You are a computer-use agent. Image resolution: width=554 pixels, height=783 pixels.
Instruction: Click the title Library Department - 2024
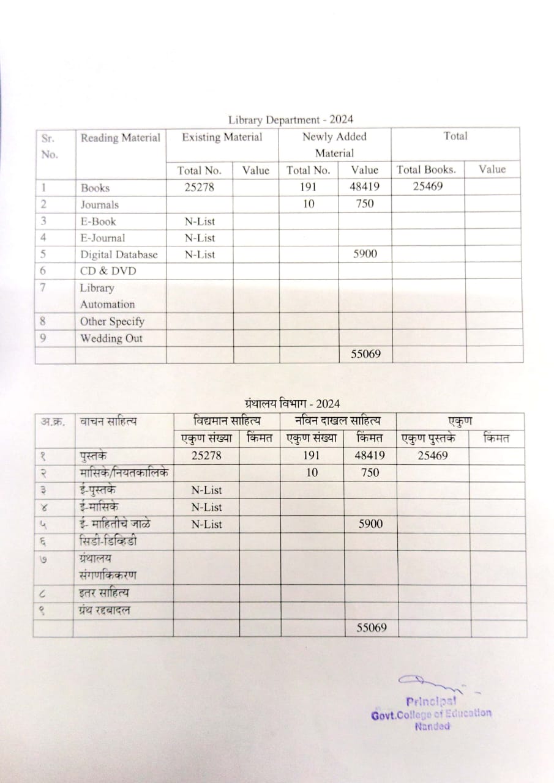pos(291,119)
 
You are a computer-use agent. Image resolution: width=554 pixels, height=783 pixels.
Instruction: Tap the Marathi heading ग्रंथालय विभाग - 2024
pos(291,404)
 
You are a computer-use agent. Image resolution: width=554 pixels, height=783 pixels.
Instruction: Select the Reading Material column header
pos(120,138)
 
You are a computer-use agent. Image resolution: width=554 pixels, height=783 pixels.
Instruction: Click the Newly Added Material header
pos(334,144)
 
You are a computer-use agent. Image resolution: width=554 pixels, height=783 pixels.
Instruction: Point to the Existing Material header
pos(222,138)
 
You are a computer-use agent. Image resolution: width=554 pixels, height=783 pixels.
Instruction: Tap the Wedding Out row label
pos(111,338)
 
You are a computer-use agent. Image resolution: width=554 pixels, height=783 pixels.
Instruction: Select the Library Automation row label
pos(107,296)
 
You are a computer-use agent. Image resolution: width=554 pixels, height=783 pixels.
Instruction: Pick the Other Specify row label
pos(112,321)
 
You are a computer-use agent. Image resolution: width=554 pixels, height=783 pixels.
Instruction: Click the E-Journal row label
pos(102,238)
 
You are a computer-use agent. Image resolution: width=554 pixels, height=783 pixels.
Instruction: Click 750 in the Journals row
pos(365,204)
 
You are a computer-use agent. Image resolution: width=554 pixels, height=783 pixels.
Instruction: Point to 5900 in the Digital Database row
pos(365,254)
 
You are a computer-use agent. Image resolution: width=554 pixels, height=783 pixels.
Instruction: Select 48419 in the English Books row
pos(365,187)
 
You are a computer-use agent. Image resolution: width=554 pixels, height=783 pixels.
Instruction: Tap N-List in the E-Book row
pos(200,221)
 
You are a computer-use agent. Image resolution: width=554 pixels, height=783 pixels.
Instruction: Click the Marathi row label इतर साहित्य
pos(104,593)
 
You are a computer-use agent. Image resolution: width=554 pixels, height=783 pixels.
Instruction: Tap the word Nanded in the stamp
pos(432,726)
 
